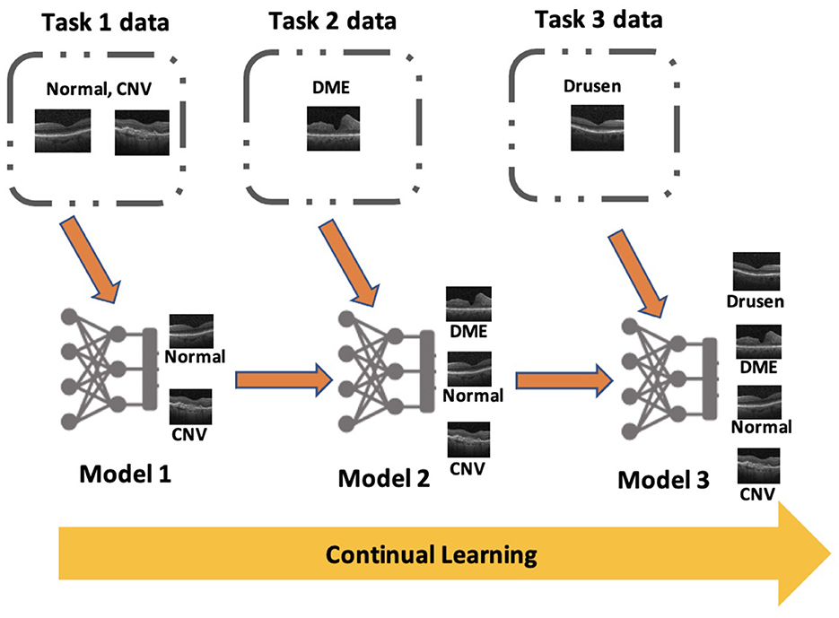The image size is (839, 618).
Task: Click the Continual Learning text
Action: point(432,554)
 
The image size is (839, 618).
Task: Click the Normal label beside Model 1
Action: point(195,356)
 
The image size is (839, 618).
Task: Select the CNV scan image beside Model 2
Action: point(468,440)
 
